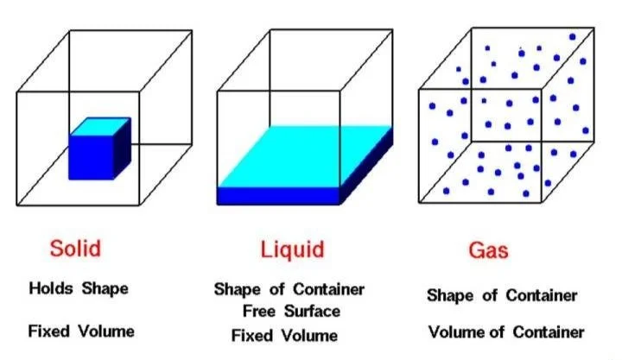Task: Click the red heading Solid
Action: [74, 249]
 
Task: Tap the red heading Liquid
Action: [292, 250]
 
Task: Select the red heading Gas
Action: [488, 251]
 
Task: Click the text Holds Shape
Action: [79, 289]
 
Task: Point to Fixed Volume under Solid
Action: [81, 331]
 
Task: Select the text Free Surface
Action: [291, 311]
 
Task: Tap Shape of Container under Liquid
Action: [289, 289]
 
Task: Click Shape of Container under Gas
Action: [502, 295]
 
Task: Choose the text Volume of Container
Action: [506, 332]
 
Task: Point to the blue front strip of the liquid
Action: [277, 195]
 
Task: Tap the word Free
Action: [260, 311]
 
